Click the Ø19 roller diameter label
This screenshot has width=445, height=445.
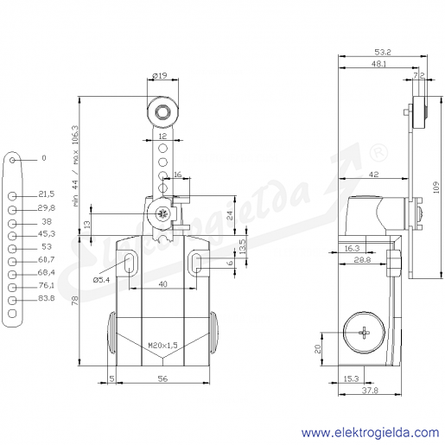pos(160,76)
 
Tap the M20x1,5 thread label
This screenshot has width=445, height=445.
pos(162,345)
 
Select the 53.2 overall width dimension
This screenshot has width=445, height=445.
pos(383,52)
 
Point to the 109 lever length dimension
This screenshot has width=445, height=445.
pos(436,188)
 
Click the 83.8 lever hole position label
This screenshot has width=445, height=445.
pos(47,298)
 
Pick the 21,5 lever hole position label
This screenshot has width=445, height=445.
pos(47,194)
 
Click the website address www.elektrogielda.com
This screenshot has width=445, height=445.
pos(371,433)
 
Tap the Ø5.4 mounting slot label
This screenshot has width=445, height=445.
pos(101,280)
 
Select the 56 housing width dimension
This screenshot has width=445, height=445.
pos(162,378)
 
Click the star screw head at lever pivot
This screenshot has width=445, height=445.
pos(159,214)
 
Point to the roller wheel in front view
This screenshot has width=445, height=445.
pos(162,111)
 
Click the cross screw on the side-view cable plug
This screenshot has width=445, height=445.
pos(365,333)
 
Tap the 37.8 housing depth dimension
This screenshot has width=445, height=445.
pos(370,391)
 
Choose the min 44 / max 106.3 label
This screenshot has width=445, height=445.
pos(76,166)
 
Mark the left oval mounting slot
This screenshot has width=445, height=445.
pos(130,263)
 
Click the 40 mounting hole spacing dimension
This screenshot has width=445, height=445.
pos(163,284)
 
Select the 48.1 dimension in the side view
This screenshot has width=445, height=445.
pos(378,64)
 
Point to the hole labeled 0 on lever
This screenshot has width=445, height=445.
pos(12,160)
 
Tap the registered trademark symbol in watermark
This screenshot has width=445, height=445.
pos(378,153)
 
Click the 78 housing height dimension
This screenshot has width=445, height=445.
pos(75,301)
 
